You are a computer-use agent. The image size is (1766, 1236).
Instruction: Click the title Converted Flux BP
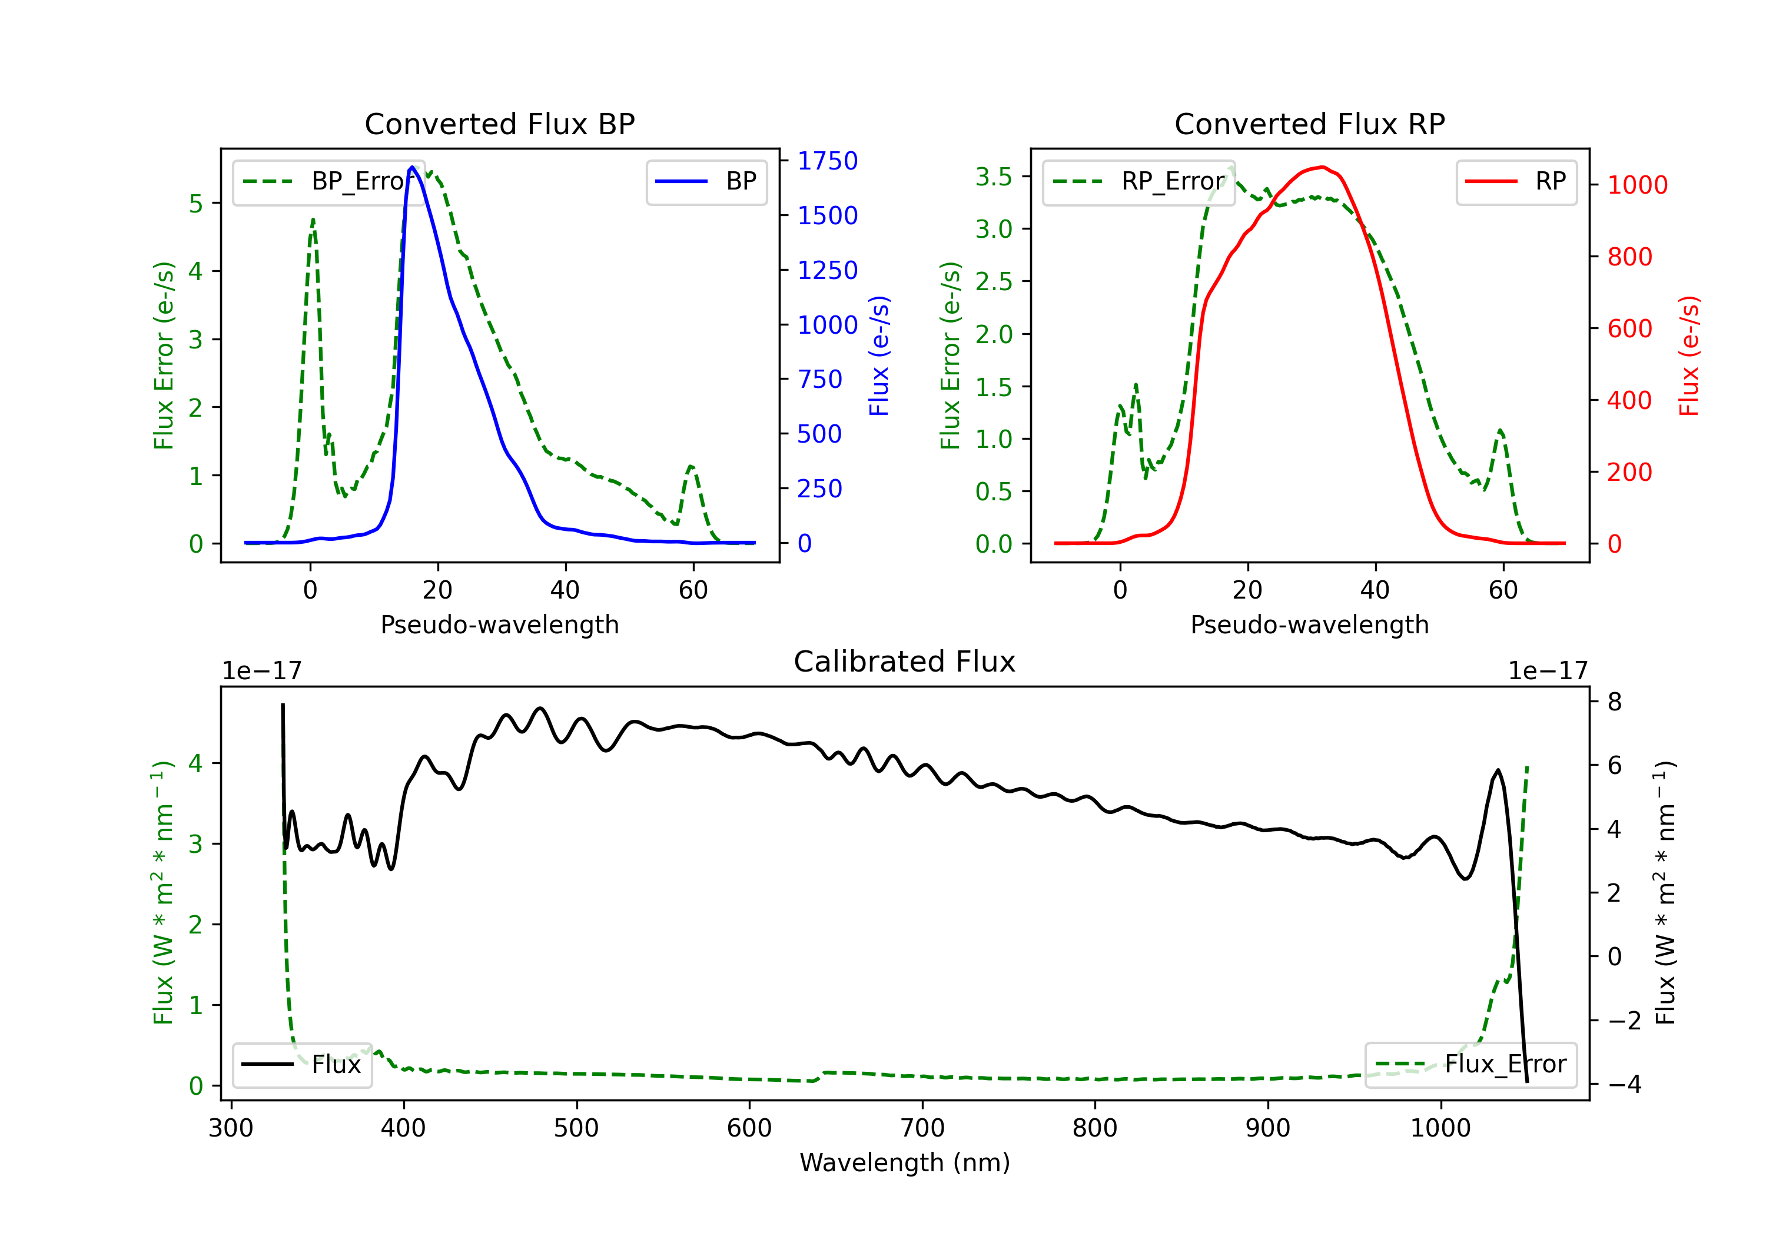click(499, 124)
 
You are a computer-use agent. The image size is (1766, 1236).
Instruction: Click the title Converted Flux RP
click(1309, 124)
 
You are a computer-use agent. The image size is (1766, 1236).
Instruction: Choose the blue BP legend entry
click(706, 181)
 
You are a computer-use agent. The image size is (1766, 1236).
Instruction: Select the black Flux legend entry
click(303, 1065)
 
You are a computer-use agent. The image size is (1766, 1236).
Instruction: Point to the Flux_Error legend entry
click(1470, 1065)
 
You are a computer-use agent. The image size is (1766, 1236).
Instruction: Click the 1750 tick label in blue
click(827, 161)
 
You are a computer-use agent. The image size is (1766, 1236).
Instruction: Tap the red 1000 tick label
click(1636, 185)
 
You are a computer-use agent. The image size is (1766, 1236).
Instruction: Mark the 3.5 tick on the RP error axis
click(993, 177)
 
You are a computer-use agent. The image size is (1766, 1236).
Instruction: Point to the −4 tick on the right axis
click(1624, 1085)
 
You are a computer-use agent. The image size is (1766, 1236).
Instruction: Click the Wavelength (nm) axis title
click(905, 1162)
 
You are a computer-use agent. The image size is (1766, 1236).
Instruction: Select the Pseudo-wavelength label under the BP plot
click(499, 624)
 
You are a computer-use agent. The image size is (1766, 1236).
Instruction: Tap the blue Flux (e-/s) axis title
click(878, 355)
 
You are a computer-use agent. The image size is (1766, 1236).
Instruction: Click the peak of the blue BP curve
click(412, 167)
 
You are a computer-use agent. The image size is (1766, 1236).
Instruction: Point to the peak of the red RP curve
click(1322, 167)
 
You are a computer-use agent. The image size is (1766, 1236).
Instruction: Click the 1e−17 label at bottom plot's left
click(261, 671)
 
